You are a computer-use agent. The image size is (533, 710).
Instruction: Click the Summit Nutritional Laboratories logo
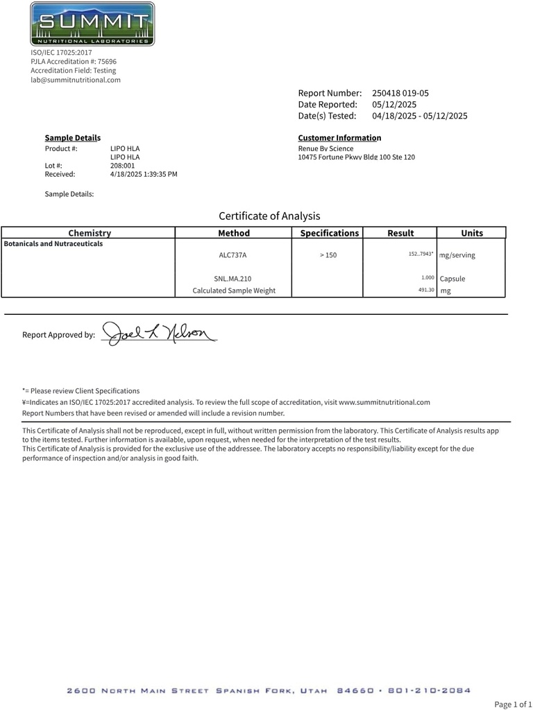coord(92,24)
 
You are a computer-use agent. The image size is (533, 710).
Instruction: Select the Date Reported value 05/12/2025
coord(394,104)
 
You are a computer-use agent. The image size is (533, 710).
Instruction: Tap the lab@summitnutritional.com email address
coord(75,80)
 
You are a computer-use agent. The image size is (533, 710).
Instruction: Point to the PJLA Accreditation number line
coord(73,61)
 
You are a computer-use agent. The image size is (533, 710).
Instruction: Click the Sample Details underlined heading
coord(72,138)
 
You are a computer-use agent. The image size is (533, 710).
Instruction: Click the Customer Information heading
coord(339,138)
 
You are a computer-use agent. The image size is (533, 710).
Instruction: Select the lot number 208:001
coord(122,166)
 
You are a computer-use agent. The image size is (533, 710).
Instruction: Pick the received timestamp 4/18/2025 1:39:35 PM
coord(144,174)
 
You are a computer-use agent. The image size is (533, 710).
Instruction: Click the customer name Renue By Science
coord(325,148)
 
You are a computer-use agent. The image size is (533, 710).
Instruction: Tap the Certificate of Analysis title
coord(269,216)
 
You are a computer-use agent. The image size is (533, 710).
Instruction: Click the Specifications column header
coord(329,233)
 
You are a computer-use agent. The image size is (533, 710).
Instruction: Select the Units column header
coord(472,233)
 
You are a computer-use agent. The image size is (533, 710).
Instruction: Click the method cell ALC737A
coord(232,255)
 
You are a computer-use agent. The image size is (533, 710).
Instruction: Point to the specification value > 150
coord(328,255)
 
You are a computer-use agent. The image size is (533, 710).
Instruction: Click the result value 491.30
coord(426,290)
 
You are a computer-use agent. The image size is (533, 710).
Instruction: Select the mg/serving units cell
coord(457,255)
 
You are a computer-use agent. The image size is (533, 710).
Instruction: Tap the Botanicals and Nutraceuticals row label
coord(53,244)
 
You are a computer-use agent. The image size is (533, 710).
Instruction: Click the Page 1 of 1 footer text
coord(512,704)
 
